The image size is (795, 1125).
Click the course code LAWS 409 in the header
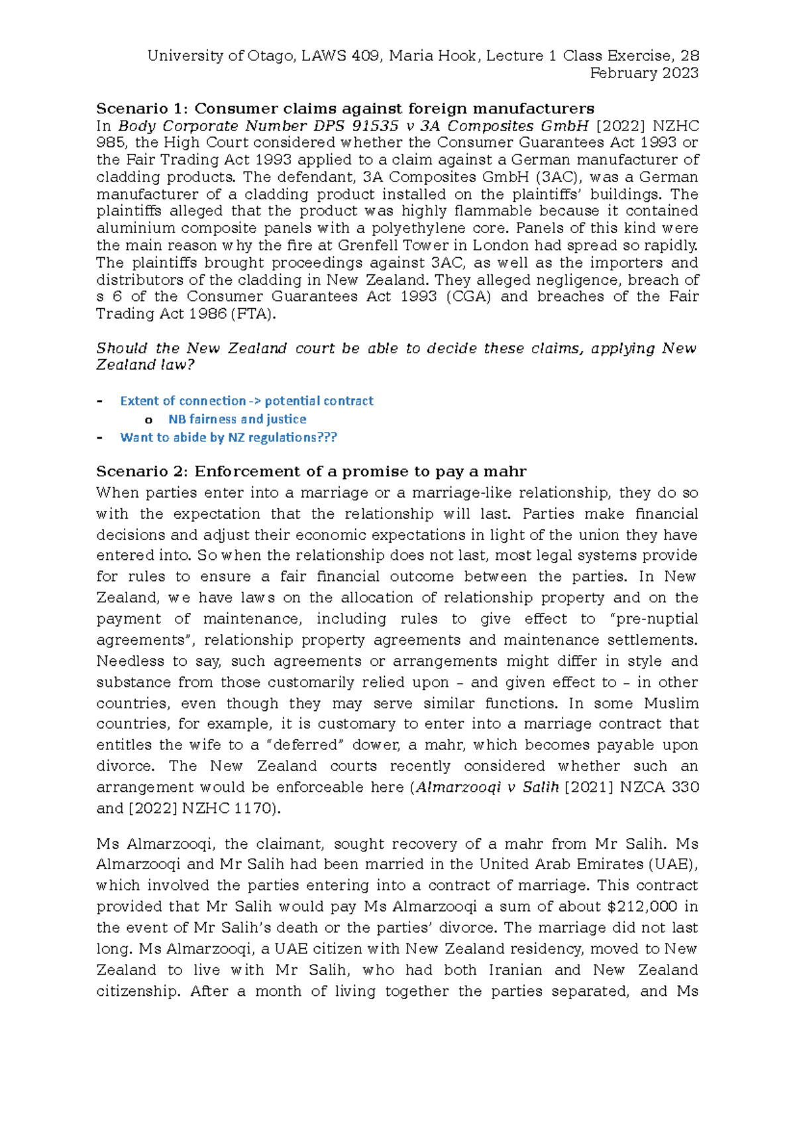pyautogui.click(x=341, y=56)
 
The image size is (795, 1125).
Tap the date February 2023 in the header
pyautogui.click(x=644, y=73)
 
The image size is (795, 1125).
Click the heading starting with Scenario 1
pyautogui.click(x=345, y=109)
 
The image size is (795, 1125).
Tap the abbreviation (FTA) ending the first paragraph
pyautogui.click(x=253, y=313)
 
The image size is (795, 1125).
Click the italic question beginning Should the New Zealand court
pyautogui.click(x=396, y=348)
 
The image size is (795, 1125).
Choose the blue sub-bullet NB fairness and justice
pyautogui.click(x=237, y=419)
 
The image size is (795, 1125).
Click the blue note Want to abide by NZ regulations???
pyautogui.click(x=229, y=437)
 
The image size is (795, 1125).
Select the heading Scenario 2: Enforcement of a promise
pyautogui.click(x=311, y=471)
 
